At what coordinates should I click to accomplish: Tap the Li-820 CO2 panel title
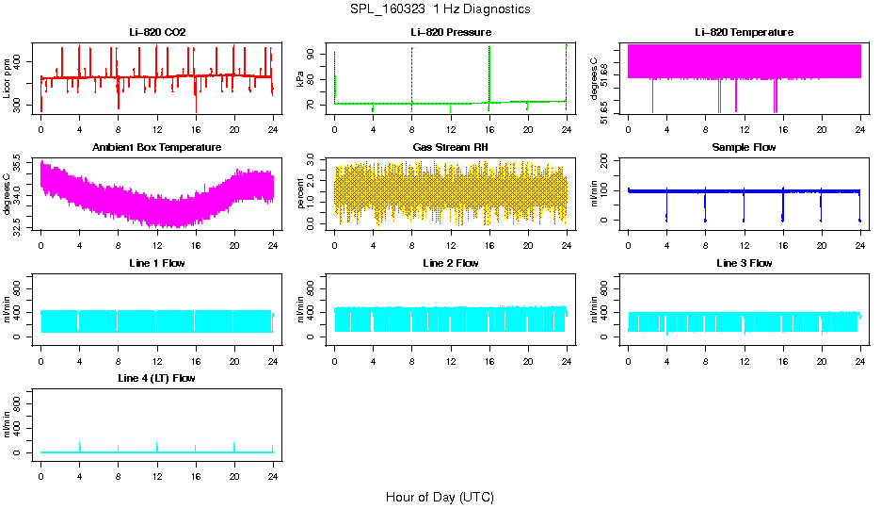pos(157,32)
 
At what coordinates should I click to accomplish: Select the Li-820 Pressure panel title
pos(451,32)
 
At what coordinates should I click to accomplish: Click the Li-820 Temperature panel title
pos(744,32)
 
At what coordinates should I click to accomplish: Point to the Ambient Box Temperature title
pos(157,147)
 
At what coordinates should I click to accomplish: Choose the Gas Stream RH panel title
pos(451,147)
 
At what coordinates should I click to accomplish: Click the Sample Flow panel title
pos(744,147)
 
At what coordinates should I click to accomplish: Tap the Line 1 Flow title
pos(157,262)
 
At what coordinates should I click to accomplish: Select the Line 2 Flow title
pos(451,262)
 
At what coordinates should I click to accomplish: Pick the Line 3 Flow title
pos(744,262)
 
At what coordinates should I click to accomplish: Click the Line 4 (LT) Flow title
pos(157,377)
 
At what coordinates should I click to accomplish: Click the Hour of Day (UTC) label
pos(440,497)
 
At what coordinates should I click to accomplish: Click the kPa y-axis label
pos(300,78)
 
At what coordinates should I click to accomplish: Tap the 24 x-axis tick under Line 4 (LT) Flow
pos(273,476)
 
